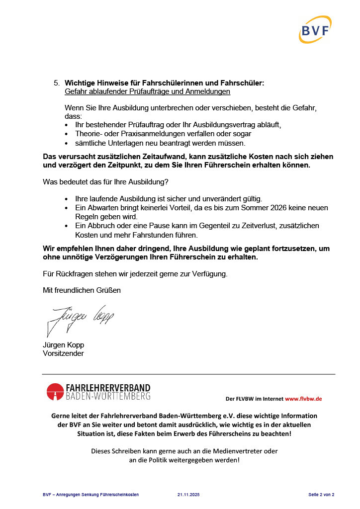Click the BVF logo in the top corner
(x=315, y=30)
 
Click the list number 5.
(x=56, y=84)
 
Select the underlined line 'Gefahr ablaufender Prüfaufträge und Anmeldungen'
(x=147, y=92)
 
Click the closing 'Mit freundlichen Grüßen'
(x=82, y=290)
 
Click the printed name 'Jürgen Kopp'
(x=63, y=345)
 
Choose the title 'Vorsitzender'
(x=64, y=353)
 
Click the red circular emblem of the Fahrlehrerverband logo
(x=55, y=392)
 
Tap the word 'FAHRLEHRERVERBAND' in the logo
(x=108, y=388)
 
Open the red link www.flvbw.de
(x=303, y=399)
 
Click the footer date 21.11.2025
(x=188, y=495)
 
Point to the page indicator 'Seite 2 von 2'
(x=321, y=495)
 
